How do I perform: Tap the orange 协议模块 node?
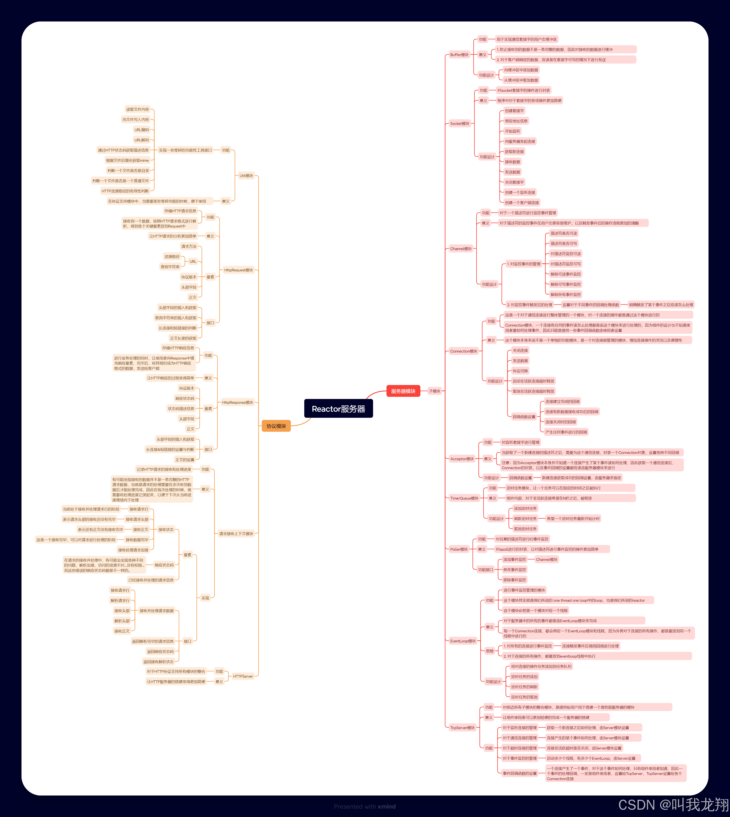tap(276, 426)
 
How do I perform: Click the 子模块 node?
tap(434, 391)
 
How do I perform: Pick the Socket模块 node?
tap(459, 123)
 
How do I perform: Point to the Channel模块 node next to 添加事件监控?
tap(546, 559)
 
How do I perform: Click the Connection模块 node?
tap(463, 351)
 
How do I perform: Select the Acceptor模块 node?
tap(462, 459)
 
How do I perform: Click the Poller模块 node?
tap(459, 549)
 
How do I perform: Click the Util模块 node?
tap(246, 176)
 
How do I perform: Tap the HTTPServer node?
tap(243, 676)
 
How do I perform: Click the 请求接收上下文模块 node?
tap(236, 534)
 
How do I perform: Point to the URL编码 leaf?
tap(142, 130)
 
